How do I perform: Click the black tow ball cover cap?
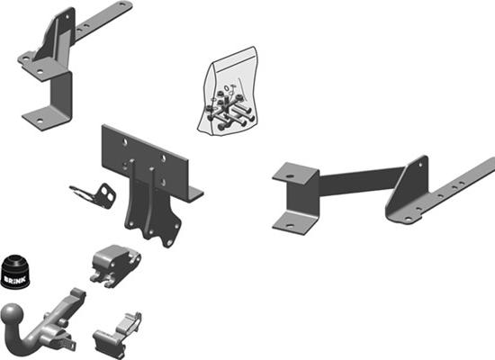17,270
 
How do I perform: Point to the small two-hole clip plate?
97,193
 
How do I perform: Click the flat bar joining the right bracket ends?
355,183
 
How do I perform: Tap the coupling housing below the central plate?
115,262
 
